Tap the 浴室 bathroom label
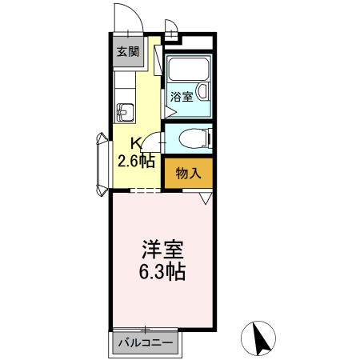[x=182, y=97]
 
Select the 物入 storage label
[x=188, y=172]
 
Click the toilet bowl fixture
[x=192, y=138]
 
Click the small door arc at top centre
[x=170, y=24]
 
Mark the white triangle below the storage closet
[x=206, y=198]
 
